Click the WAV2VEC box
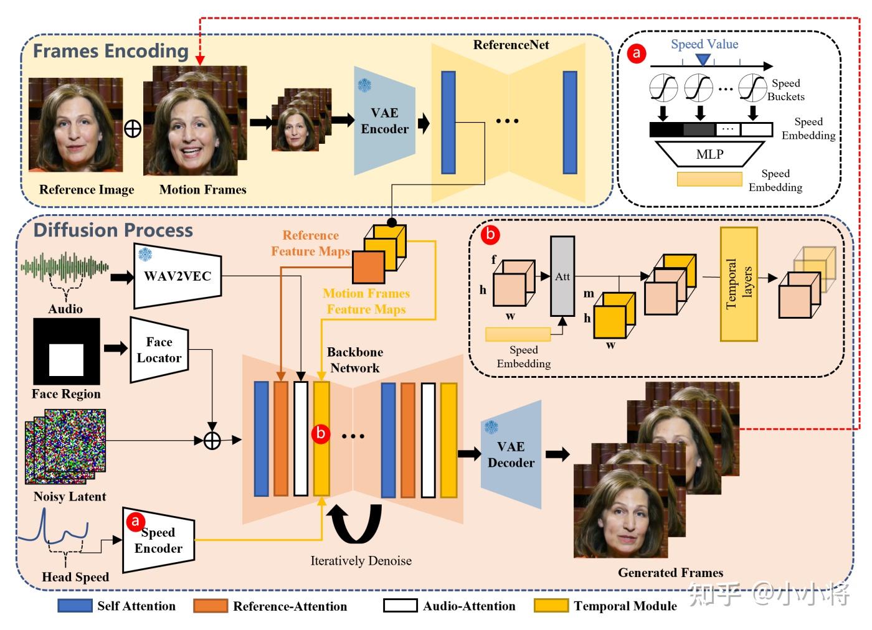(x=178, y=276)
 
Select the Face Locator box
(x=159, y=350)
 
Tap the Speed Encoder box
(x=158, y=540)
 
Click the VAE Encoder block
(x=385, y=121)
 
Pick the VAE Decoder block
(x=511, y=454)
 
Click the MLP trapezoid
(x=710, y=154)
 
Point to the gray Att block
(x=562, y=276)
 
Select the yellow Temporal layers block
(x=739, y=284)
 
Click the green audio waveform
(x=65, y=267)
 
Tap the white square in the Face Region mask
(x=66, y=360)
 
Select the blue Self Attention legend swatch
(x=75, y=606)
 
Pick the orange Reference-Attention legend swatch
(x=211, y=606)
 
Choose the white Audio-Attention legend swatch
(x=400, y=606)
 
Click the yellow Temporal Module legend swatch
(x=551, y=606)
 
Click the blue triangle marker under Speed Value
(x=703, y=59)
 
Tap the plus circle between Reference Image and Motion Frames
(x=133, y=129)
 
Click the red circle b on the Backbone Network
(x=321, y=433)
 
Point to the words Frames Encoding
(x=111, y=51)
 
